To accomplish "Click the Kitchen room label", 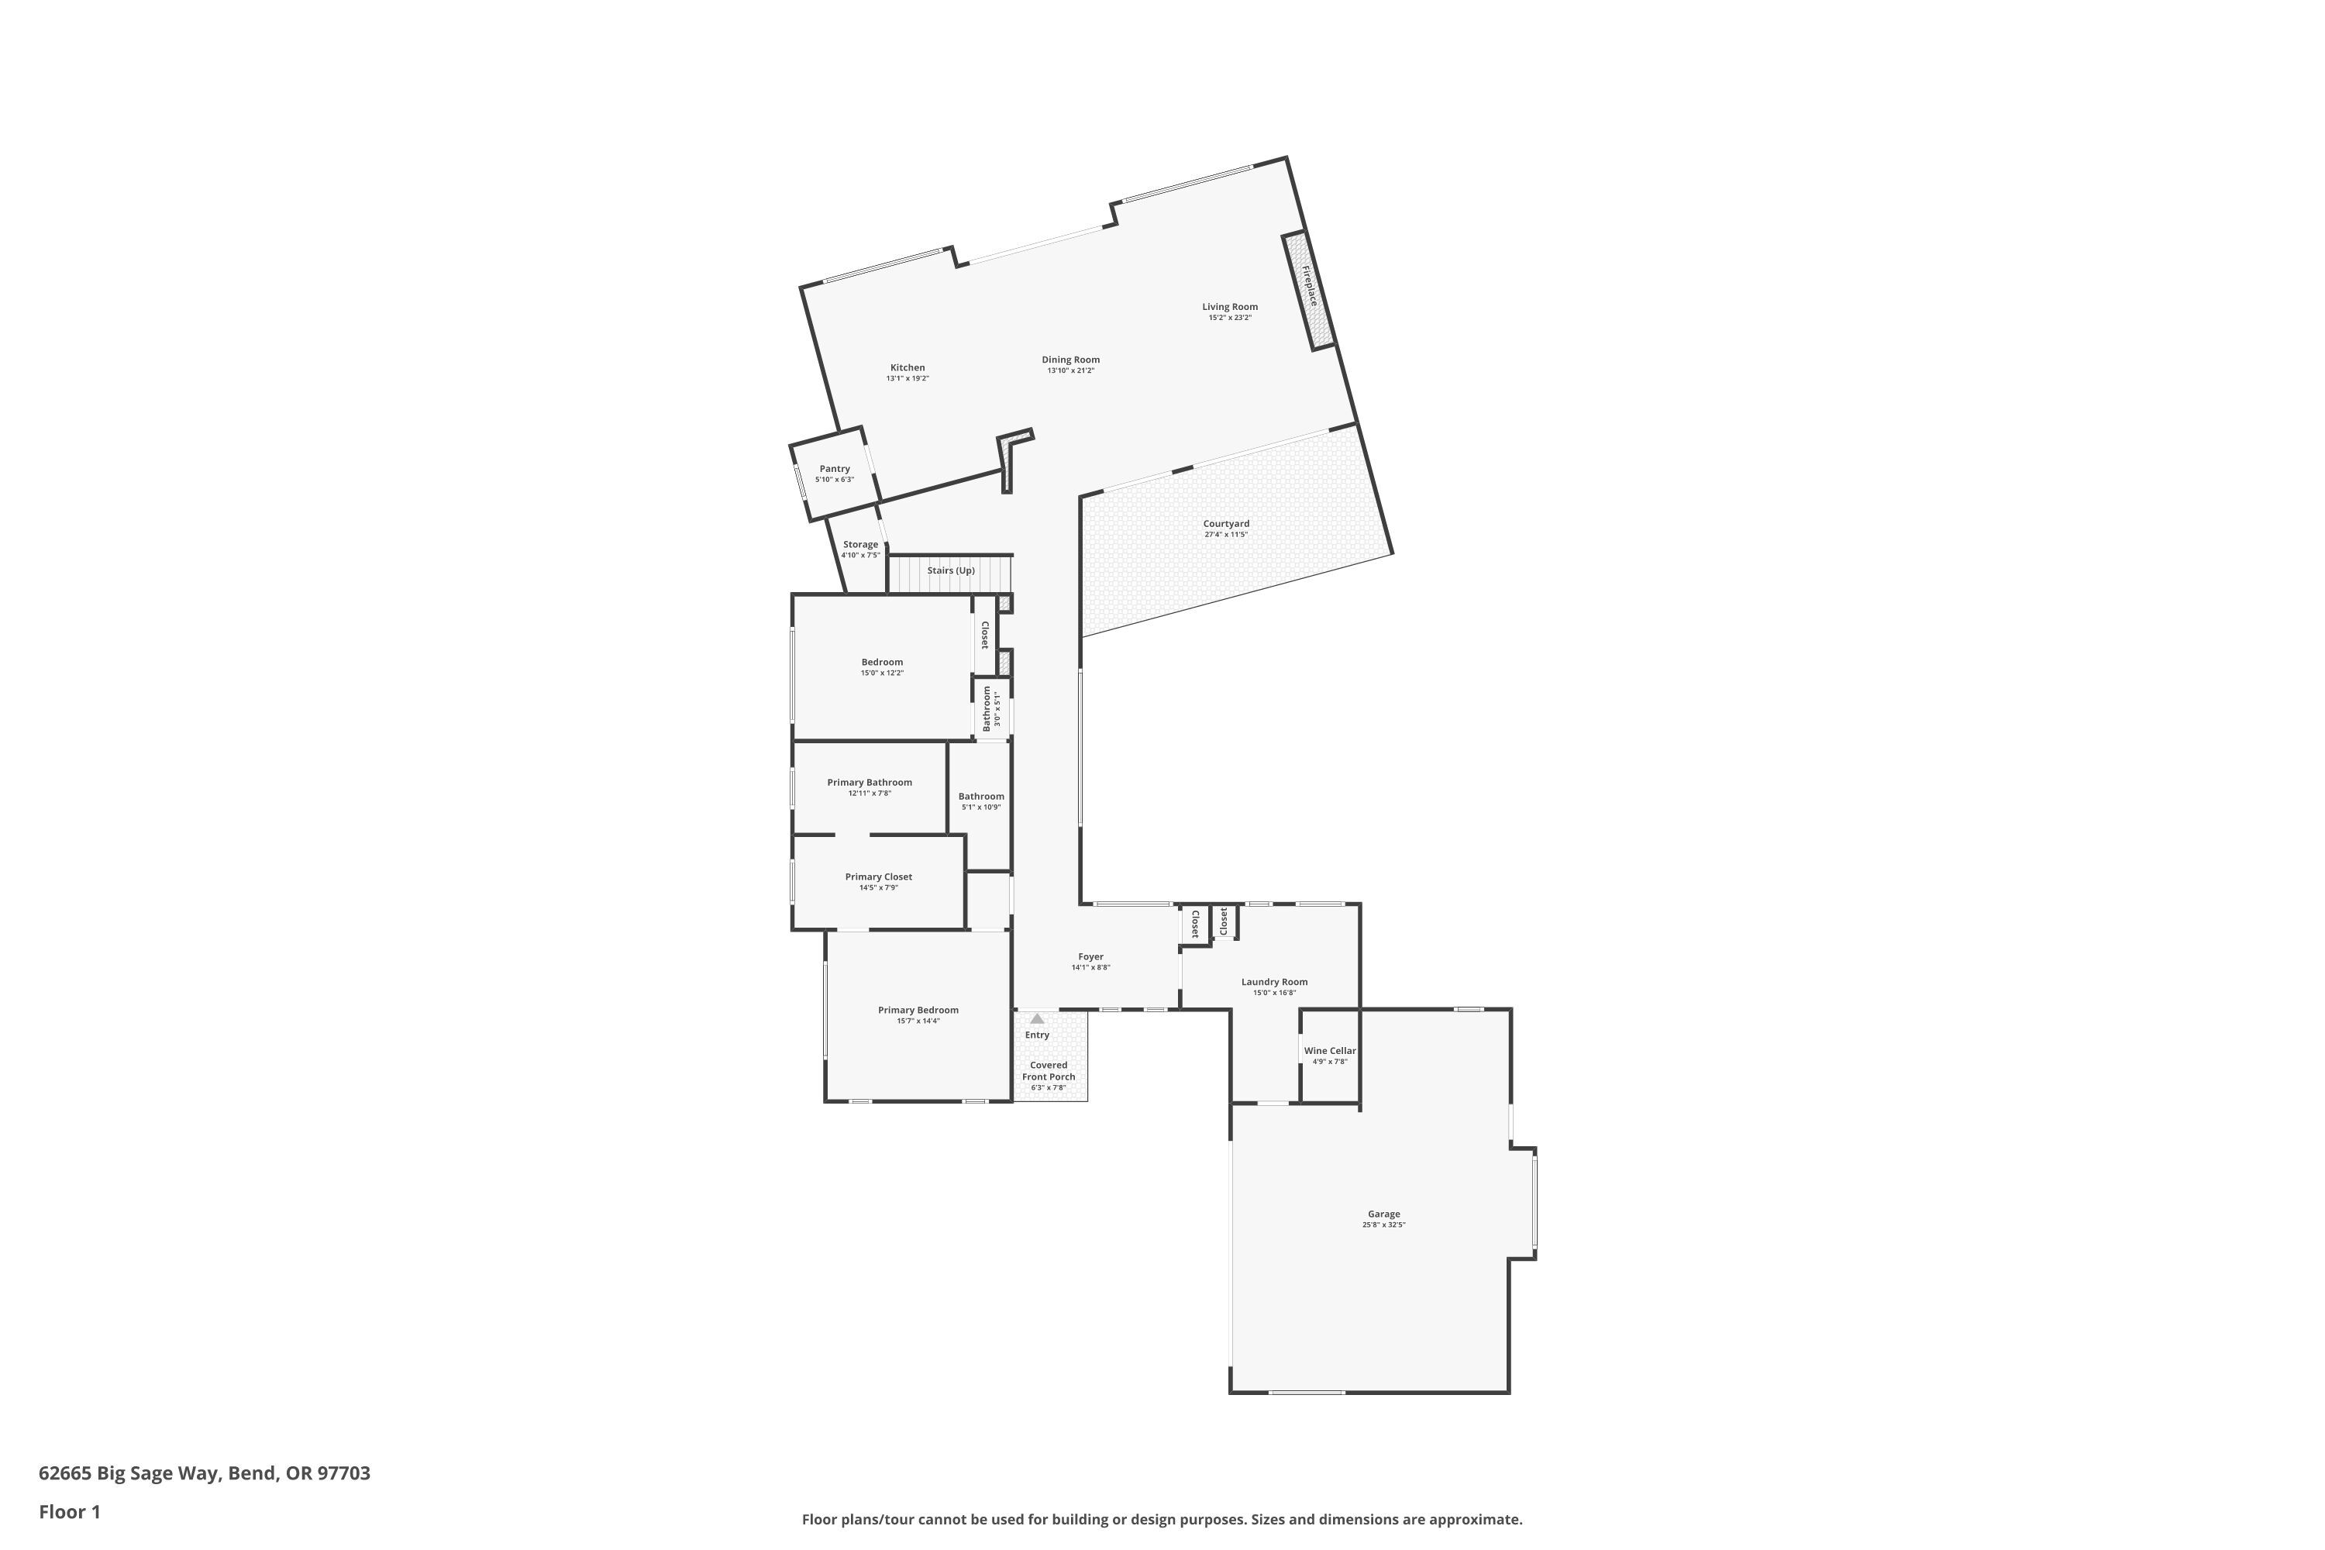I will (907, 367).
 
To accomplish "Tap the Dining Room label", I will (1070, 360).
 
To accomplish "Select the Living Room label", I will (1230, 306).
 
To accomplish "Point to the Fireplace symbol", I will (1309, 291).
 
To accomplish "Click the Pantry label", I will (835, 469).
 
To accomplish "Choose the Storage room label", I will (860, 545).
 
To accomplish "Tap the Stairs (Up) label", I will (951, 570).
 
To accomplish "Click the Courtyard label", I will (1226, 524).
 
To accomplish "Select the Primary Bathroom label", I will (869, 782).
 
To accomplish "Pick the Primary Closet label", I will (878, 877).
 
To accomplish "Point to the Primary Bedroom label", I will (918, 1011).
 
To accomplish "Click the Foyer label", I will (1090, 957).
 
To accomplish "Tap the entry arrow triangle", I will (1037, 1018).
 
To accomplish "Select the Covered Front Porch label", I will (1048, 1070).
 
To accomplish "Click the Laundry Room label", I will (1274, 982).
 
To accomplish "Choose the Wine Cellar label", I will (1330, 1051).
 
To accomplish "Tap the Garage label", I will (1384, 1214).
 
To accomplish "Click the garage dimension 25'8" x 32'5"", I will (1384, 1224).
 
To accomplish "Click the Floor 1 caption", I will (69, 1511).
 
